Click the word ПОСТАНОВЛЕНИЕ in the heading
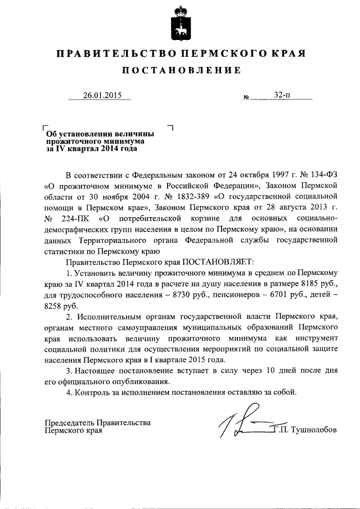(x=179, y=70)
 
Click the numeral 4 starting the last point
(x=69, y=391)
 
